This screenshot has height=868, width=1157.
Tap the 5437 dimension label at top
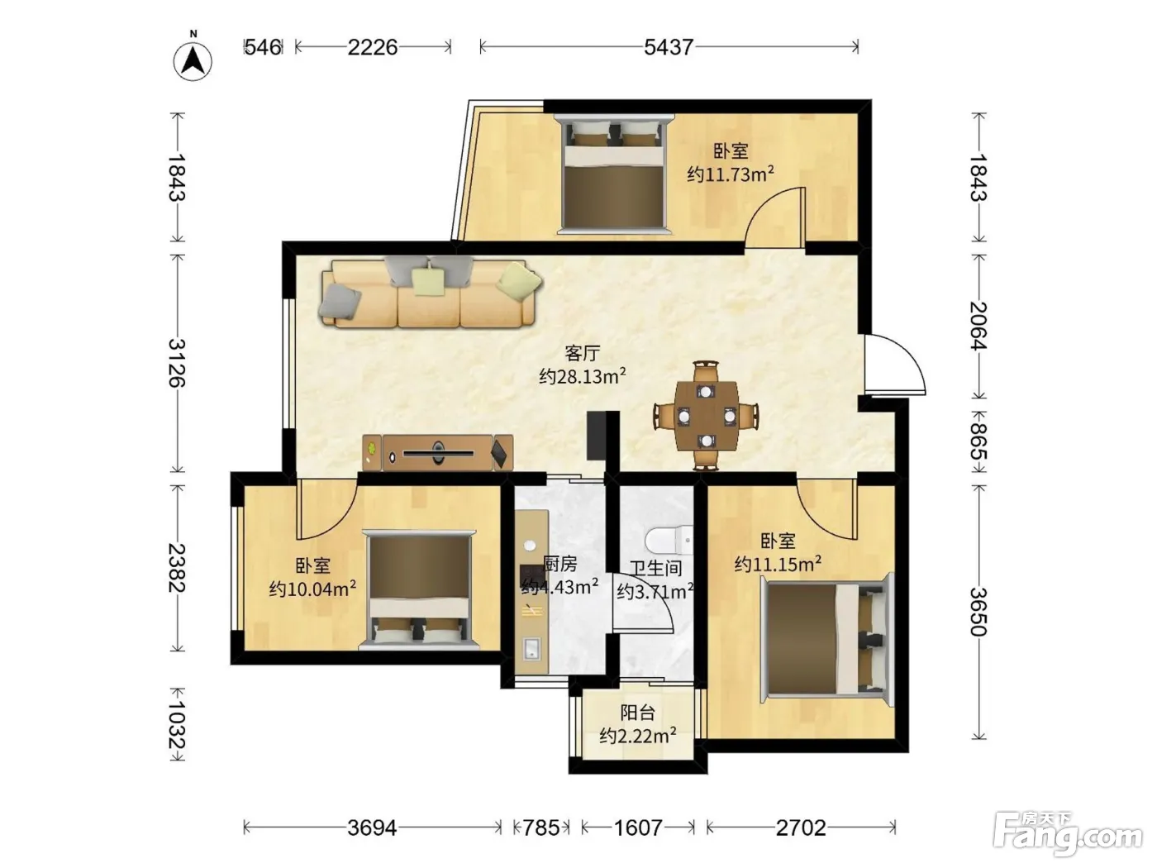click(668, 47)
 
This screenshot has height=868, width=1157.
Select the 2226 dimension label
click(372, 47)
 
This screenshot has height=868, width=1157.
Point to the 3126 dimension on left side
click(177, 363)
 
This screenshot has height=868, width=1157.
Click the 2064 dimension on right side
click(978, 326)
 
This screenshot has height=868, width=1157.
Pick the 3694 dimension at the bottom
click(372, 828)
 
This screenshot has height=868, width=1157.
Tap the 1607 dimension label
click(638, 828)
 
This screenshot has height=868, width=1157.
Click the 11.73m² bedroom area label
click(730, 174)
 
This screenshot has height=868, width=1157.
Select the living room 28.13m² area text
click(582, 376)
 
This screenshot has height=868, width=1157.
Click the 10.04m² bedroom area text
click(312, 589)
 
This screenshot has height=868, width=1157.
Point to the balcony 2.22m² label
click(638, 736)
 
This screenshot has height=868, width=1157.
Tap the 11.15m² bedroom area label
click(778, 565)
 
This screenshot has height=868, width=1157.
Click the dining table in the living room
click(707, 415)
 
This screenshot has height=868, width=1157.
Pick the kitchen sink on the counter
click(531, 648)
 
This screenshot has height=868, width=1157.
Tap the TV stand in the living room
click(437, 452)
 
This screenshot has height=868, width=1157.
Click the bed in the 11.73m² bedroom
click(612, 174)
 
